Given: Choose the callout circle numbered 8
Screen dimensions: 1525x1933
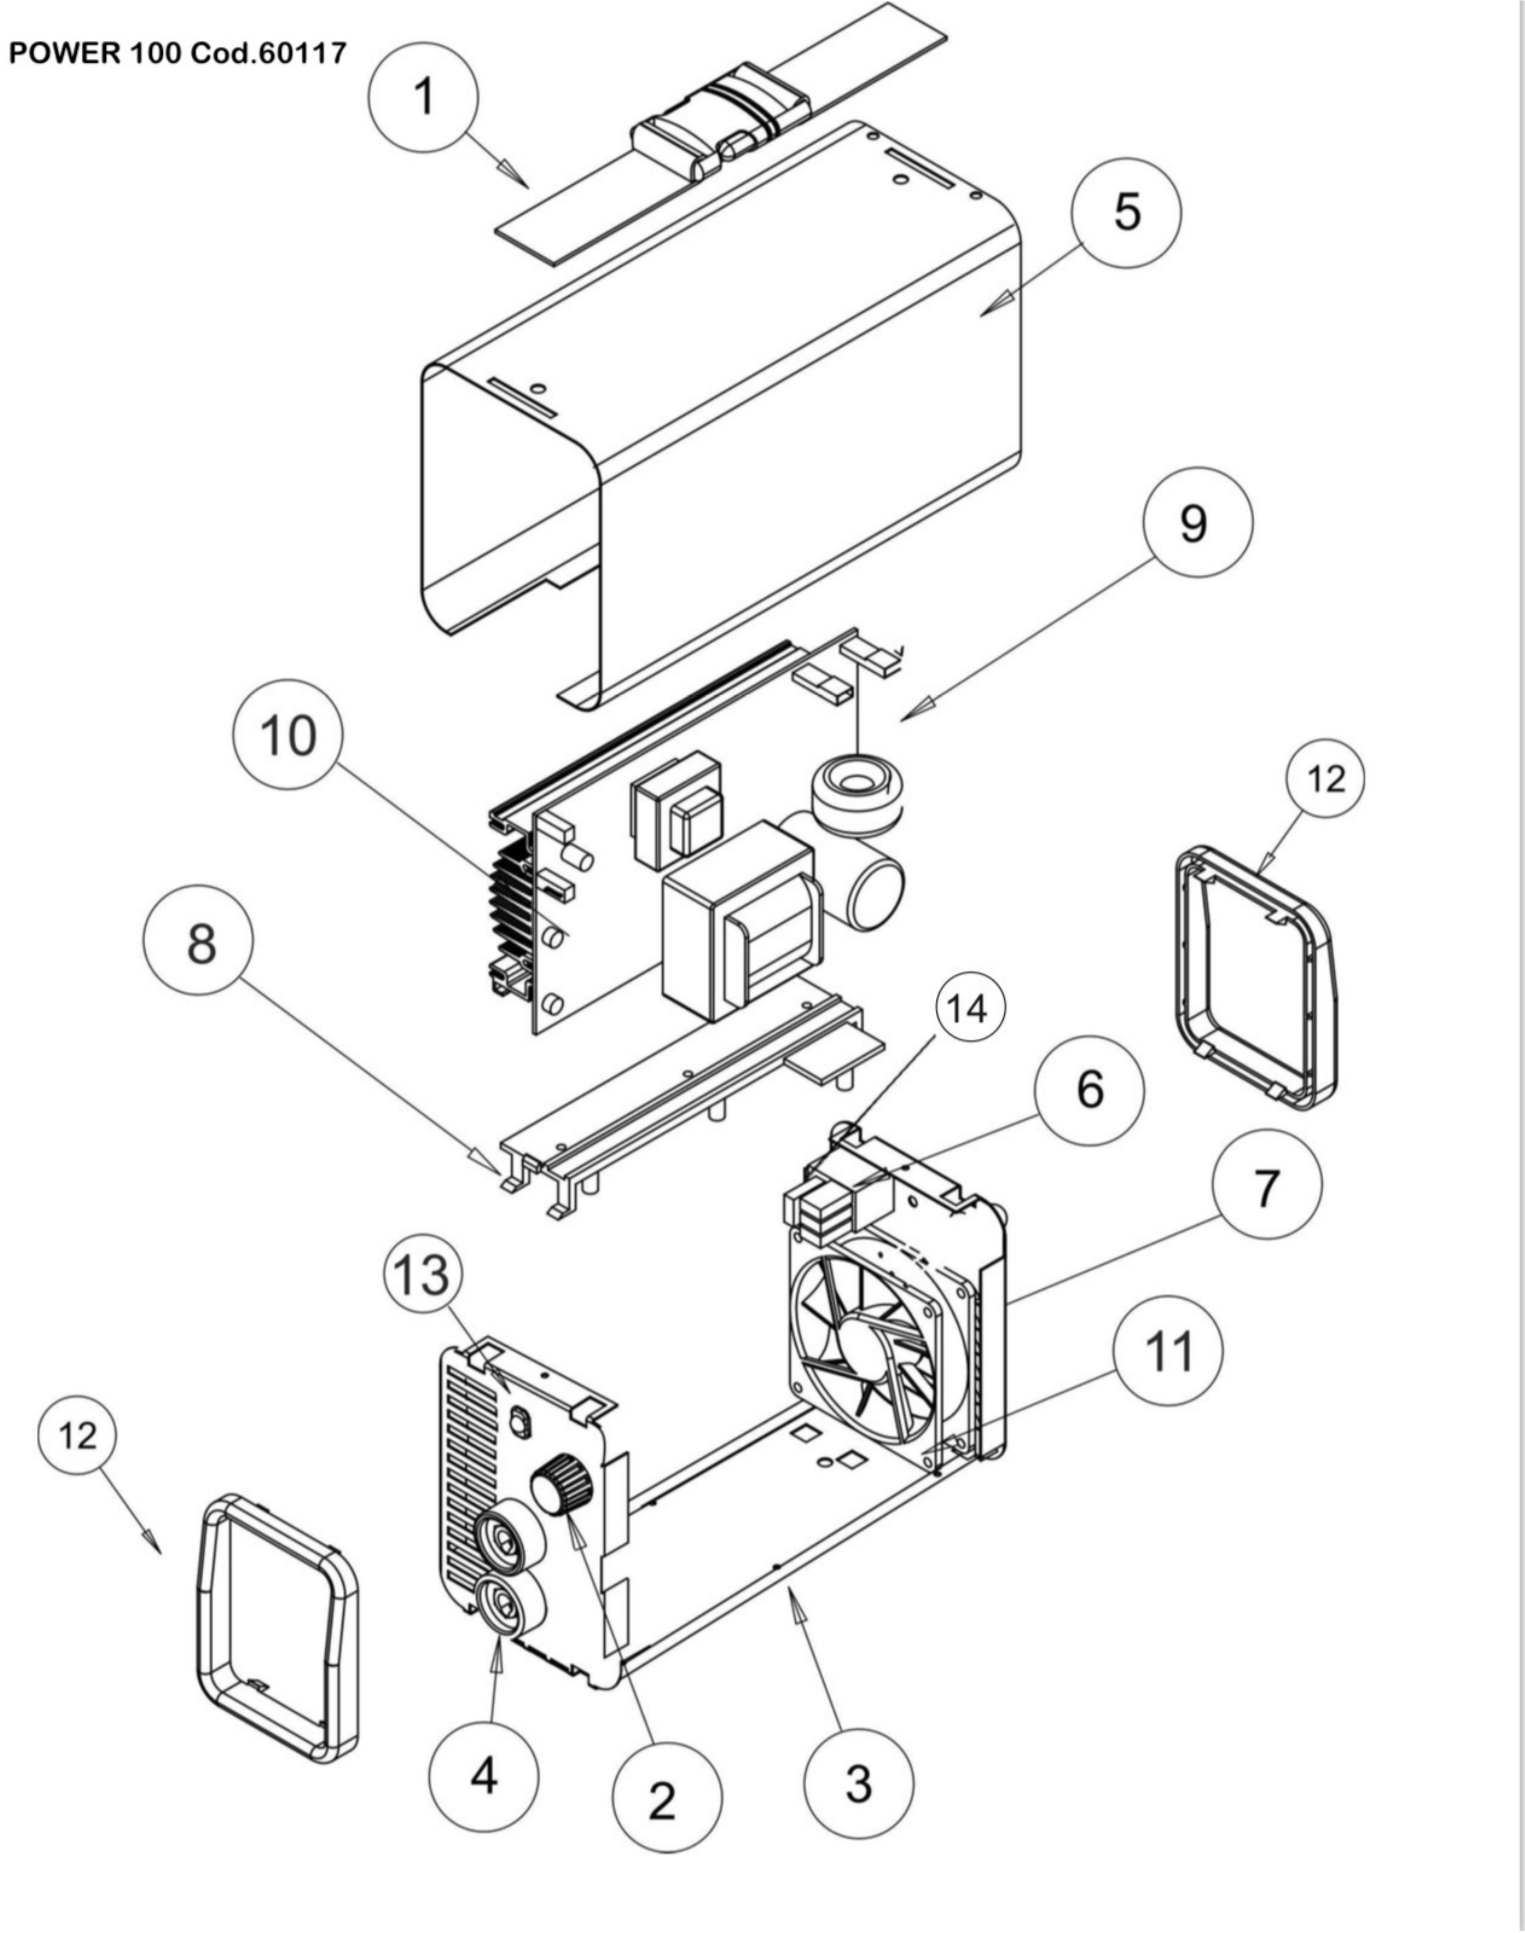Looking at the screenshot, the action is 198,940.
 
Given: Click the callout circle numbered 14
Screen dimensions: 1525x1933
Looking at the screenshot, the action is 970,1007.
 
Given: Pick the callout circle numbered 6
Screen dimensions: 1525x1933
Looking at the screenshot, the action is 1088,1090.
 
